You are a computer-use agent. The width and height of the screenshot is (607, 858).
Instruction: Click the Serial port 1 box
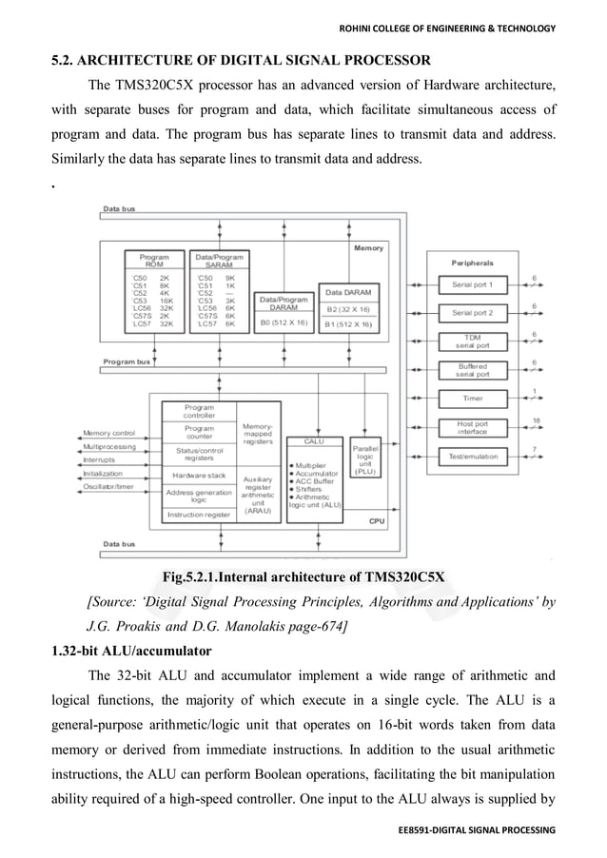(x=472, y=284)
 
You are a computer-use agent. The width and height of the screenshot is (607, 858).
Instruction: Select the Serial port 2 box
(x=472, y=312)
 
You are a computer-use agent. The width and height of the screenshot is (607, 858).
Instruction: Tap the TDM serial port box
(x=472, y=341)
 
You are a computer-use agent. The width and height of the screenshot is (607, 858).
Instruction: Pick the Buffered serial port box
(x=472, y=369)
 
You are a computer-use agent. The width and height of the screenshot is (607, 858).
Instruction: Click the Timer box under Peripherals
(x=472, y=398)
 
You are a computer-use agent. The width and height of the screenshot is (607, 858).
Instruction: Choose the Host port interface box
(x=472, y=427)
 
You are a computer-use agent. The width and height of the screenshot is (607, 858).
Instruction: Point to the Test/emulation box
(x=472, y=457)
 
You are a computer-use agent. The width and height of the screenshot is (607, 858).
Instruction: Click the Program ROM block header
(x=154, y=261)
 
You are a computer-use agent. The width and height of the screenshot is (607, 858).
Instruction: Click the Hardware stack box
(x=199, y=475)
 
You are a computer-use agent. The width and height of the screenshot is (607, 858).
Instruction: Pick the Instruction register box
(x=199, y=515)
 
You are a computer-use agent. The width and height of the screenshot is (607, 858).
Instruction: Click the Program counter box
(x=199, y=433)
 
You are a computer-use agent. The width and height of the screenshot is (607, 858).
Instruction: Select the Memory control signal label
(x=109, y=434)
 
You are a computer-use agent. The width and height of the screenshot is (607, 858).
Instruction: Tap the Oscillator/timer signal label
(x=108, y=487)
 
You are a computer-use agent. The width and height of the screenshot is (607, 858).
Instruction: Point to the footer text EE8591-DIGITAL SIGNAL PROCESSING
(x=477, y=830)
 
